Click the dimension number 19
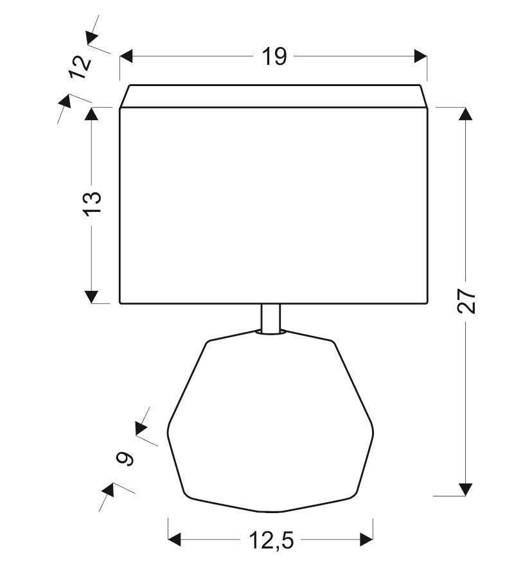point(274,57)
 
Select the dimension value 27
point(466,301)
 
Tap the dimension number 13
point(93,204)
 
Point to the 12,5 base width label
point(271,540)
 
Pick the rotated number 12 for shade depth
point(80,67)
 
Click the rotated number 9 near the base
point(125,459)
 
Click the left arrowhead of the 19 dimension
point(126,57)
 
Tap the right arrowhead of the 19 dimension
point(420,57)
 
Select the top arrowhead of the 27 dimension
point(466,114)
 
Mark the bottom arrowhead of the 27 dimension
point(466,489)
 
